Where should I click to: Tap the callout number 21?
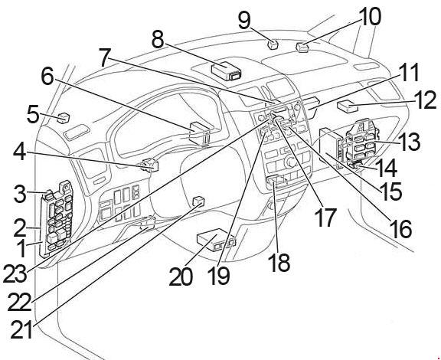[21, 330]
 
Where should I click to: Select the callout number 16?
[400, 229]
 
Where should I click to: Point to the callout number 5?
[33, 114]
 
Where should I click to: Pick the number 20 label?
[181, 277]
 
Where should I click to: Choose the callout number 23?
[15, 274]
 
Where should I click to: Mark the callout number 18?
[279, 262]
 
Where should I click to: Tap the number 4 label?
[20, 152]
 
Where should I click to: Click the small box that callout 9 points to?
[273, 44]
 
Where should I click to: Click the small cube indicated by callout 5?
[64, 118]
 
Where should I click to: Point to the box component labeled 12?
[347, 106]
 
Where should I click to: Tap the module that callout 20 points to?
[216, 241]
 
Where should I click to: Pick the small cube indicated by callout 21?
[198, 201]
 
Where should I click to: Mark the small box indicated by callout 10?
[302, 47]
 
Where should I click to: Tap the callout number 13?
[409, 142]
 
